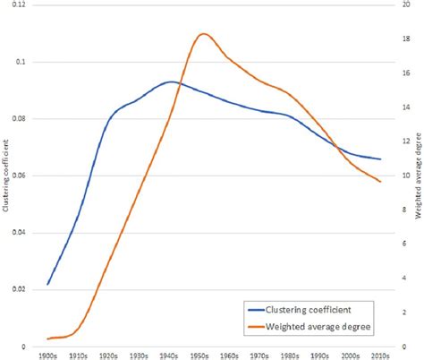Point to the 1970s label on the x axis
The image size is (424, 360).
tap(260, 355)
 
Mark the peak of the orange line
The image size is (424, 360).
tap(203, 34)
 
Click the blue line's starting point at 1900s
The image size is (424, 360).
tap(48, 284)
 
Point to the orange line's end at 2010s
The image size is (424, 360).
tap(381, 182)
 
